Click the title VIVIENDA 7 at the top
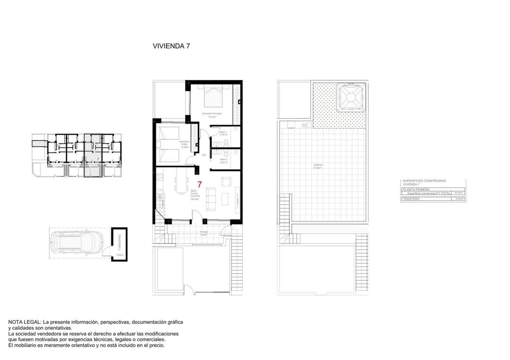[171, 46]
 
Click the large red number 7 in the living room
[200, 185]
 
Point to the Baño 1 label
[224, 133]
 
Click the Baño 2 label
[224, 160]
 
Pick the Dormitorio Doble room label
[184, 143]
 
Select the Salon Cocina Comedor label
[194, 194]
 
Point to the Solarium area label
[317, 167]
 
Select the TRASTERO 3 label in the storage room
[119, 242]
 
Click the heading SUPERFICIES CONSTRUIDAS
[424, 181]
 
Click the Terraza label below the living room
[204, 232]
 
